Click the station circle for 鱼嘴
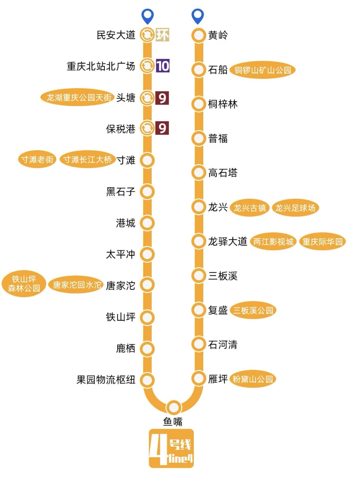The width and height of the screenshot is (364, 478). pos(174,408)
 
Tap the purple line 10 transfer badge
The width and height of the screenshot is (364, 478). pos(163,66)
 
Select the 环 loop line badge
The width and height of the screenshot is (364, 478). pos(162,35)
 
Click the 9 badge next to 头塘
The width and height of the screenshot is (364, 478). pos(162,98)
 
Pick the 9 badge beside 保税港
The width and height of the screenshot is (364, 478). pos(162,128)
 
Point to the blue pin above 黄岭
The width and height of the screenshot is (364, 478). pos(198,16)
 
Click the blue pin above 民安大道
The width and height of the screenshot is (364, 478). pos(147,16)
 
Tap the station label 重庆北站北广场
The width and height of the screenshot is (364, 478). pos(101,66)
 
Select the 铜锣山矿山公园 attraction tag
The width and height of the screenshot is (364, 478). pos(262,70)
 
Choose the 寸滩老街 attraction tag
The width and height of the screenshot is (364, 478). pos(37,159)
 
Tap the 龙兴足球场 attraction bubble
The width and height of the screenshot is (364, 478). pos(295,208)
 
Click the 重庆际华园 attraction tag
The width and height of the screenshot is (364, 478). pos(322,241)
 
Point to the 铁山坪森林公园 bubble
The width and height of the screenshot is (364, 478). pos(24,284)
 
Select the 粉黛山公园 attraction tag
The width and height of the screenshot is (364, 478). pos(253,379)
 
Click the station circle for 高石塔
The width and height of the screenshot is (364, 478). pos(198,173)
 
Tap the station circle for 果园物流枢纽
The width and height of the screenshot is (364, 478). pos(147,380)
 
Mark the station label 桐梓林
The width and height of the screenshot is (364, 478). pos(223,104)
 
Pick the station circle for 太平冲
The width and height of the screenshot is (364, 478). pos(147,254)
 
